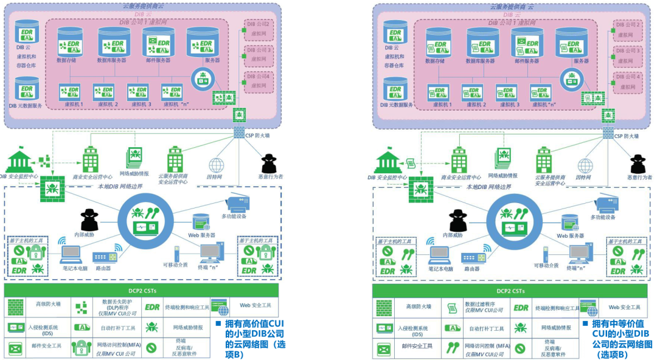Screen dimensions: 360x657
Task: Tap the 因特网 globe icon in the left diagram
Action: (216, 165)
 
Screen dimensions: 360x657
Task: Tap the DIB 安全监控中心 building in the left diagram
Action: (24, 161)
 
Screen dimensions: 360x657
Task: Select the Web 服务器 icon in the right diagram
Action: (569, 223)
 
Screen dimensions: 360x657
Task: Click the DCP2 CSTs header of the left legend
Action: (141, 291)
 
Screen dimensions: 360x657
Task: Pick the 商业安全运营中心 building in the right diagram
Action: (459, 159)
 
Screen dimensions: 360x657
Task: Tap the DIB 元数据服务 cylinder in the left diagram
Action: (27, 90)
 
